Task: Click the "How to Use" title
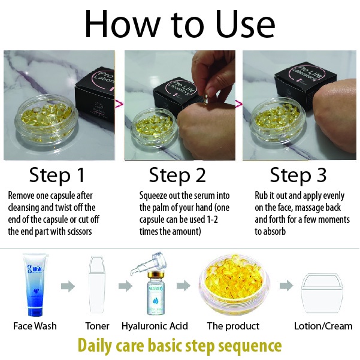click(180, 23)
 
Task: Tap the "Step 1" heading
click(57, 175)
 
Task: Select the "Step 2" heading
click(177, 175)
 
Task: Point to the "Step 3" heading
click(298, 175)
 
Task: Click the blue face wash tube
click(36, 285)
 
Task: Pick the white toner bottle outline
click(97, 285)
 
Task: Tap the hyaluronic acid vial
click(155, 294)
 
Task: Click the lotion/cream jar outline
click(322, 294)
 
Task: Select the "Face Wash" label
click(35, 326)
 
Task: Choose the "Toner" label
click(98, 326)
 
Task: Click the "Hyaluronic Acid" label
click(155, 326)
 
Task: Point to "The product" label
click(233, 326)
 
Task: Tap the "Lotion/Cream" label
click(323, 326)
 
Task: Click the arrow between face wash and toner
click(68, 286)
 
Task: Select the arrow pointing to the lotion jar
click(286, 286)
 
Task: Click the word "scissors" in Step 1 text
click(80, 231)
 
